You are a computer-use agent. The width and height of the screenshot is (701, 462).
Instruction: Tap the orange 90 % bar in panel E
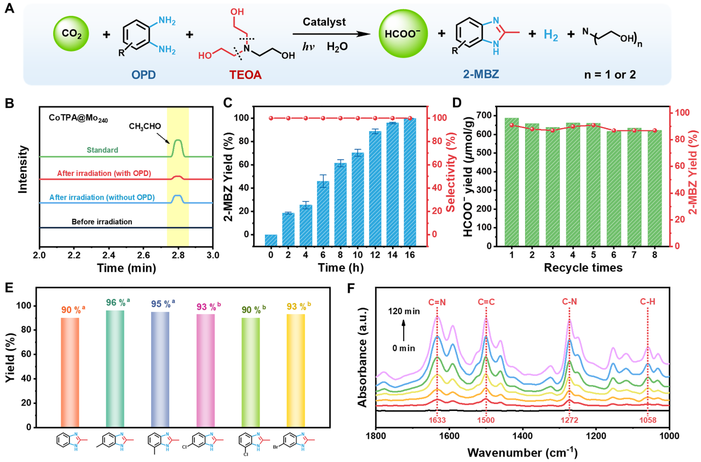(x=70, y=372)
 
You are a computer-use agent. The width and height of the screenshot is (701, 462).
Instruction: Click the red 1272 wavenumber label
(x=570, y=420)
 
